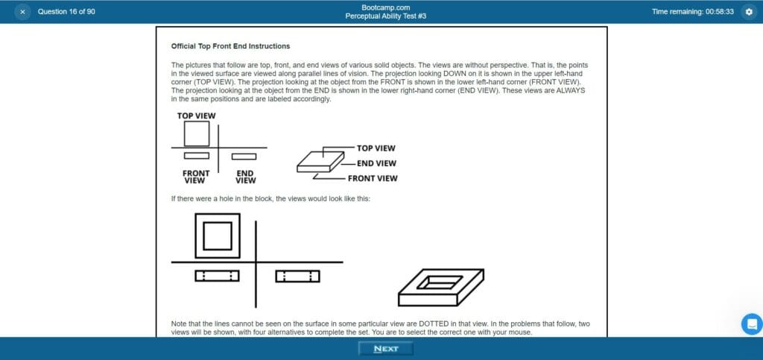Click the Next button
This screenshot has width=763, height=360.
(385, 349)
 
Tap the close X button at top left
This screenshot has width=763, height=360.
(22, 12)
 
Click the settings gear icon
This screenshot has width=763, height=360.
(749, 12)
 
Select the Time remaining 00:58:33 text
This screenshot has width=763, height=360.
(692, 12)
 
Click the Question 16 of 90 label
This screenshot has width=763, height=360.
(66, 12)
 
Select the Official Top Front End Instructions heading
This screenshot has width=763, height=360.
(230, 46)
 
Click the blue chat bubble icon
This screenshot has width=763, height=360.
(752, 324)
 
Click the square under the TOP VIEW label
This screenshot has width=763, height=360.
(197, 133)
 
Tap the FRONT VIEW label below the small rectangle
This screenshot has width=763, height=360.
(196, 177)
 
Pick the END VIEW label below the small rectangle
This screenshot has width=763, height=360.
(245, 177)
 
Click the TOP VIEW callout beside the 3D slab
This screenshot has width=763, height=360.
(376, 148)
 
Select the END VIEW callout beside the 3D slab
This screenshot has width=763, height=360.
(376, 163)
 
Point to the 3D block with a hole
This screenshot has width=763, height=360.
(440, 287)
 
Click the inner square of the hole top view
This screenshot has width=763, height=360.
(218, 236)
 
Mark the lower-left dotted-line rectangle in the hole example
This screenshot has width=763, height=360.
(217, 276)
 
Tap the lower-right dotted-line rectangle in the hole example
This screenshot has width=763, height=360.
(297, 276)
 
